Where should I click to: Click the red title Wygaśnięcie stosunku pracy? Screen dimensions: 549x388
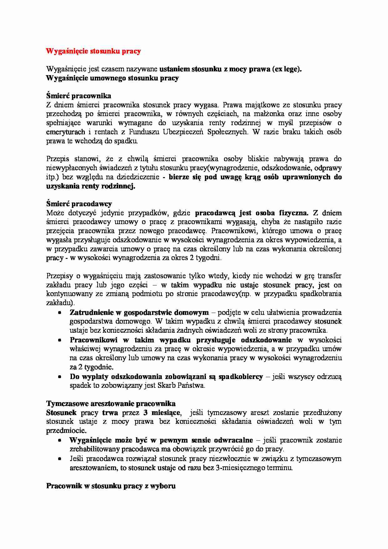pyautogui.click(x=93, y=51)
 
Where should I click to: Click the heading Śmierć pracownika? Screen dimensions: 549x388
pyautogui.click(x=79, y=96)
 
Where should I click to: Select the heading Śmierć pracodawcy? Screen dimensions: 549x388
pyautogui.click(x=79, y=204)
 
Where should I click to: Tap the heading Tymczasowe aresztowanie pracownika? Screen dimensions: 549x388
pyautogui.click(x=111, y=403)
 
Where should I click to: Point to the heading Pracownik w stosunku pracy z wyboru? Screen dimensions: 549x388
pyautogui.click(x=111, y=486)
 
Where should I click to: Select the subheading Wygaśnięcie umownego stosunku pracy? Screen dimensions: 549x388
pyautogui.click(x=112, y=78)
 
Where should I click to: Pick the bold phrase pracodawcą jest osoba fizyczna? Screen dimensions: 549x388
pyautogui.click(x=252, y=213)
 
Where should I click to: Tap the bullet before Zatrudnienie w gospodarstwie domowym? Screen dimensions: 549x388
pyautogui.click(x=59, y=313)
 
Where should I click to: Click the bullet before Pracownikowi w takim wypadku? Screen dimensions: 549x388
pyautogui.click(x=59, y=340)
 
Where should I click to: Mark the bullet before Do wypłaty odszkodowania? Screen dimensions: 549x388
pyautogui.click(x=59, y=377)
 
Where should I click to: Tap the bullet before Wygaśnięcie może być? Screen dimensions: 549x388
pyautogui.click(x=59, y=440)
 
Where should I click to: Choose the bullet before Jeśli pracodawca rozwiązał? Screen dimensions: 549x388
pyautogui.click(x=59, y=459)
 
